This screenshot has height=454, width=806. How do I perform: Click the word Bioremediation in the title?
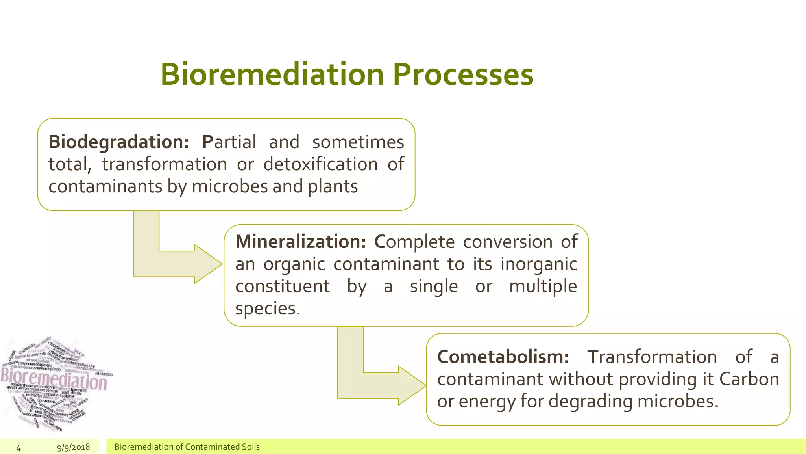click(x=272, y=74)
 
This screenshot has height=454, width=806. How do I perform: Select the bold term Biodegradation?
click(x=118, y=142)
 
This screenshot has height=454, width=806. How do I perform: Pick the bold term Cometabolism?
click(x=503, y=357)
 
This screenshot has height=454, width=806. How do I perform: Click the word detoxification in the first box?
click(x=320, y=164)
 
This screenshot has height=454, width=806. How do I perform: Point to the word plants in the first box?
click(x=333, y=186)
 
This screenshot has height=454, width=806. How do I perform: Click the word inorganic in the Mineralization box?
click(x=538, y=264)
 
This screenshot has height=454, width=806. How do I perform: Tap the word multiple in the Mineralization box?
click(x=543, y=286)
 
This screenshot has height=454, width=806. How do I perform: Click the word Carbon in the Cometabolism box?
click(x=749, y=379)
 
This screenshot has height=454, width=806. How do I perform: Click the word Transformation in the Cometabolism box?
click(x=652, y=357)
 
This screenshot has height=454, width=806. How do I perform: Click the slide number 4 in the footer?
click(x=18, y=448)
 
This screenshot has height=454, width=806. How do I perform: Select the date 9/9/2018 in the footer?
click(x=74, y=447)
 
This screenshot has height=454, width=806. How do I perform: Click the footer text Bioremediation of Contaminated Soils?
click(x=187, y=447)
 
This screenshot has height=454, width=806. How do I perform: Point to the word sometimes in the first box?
click(x=358, y=142)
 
